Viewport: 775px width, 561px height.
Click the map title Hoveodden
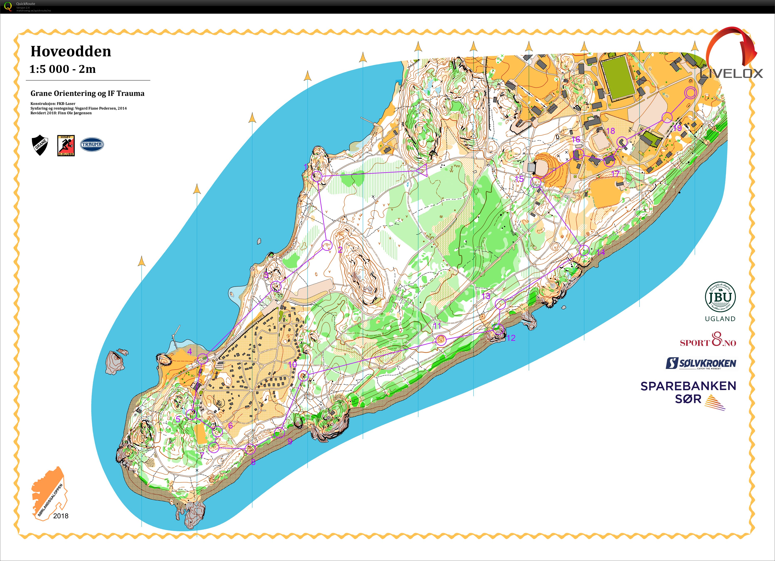pos(71,52)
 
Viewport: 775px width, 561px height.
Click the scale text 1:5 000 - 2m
pos(62,69)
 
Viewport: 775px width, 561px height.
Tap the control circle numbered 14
pos(584,250)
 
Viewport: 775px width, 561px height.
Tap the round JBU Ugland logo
pos(720,297)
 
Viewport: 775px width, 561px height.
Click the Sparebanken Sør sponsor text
pos(688,392)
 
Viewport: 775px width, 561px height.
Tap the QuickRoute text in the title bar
pos(26,4)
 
